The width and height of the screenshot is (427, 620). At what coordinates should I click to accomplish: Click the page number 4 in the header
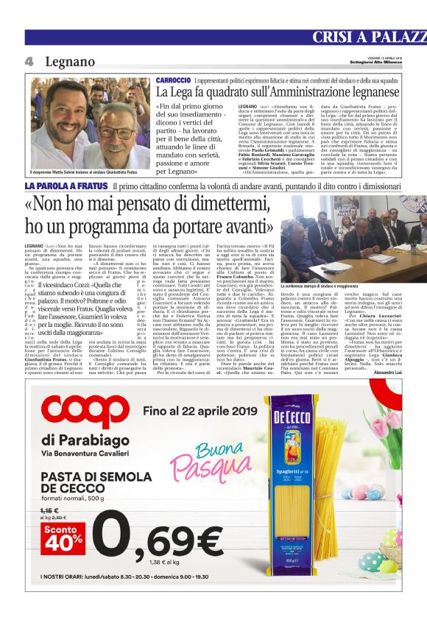[29, 63]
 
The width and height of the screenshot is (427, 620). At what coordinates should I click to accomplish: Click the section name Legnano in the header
[71, 63]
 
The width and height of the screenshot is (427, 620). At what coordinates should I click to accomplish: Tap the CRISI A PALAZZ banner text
[369, 38]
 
